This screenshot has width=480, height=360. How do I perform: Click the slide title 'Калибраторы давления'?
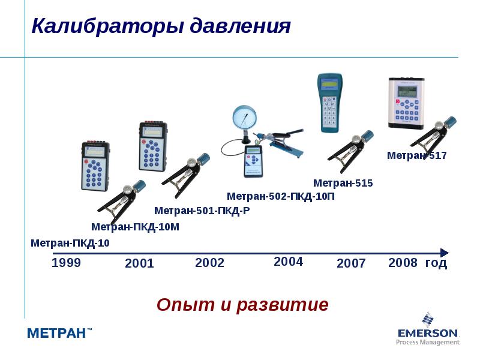[161, 26]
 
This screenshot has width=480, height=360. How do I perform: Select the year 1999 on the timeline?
[66, 263]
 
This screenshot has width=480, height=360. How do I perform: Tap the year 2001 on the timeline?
[139, 263]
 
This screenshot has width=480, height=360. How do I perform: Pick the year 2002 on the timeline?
[209, 263]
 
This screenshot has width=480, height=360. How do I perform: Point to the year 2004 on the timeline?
[288, 262]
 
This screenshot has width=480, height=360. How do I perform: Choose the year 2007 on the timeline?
[351, 263]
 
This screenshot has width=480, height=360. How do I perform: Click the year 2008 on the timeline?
[403, 263]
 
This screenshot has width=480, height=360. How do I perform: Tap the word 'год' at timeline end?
[436, 263]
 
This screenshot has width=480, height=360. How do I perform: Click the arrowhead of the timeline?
[444, 253]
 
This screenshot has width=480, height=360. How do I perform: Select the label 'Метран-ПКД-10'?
[70, 243]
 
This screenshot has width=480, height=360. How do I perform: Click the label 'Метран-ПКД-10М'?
[135, 227]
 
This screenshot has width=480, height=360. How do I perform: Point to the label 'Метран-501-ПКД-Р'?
[202, 211]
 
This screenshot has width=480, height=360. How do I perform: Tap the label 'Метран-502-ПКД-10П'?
[280, 196]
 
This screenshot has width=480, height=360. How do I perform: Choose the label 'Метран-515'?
[343, 183]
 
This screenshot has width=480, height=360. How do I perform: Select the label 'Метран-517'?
[416, 155]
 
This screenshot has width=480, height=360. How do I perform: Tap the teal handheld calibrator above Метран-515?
[329, 102]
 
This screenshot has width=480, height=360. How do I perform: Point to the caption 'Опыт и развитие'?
[242, 305]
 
